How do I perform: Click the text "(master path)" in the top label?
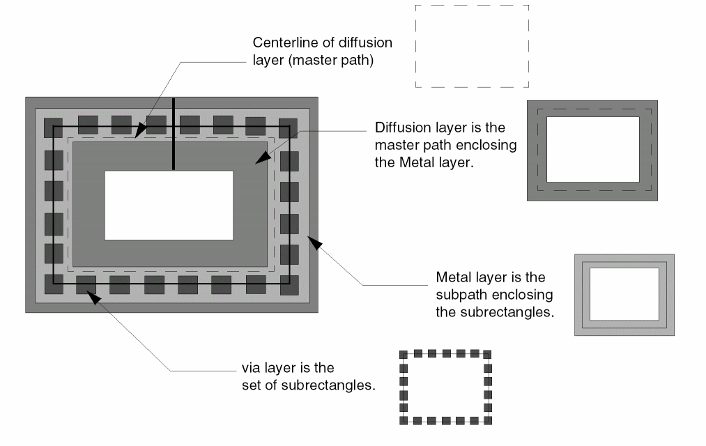click(339, 61)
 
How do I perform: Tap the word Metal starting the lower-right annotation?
click(452, 277)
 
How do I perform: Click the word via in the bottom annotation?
click(250, 367)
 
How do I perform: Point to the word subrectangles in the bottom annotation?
click(332, 385)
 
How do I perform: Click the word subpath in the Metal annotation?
click(461, 295)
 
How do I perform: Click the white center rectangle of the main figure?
click(169, 205)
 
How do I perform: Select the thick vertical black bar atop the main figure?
click(174, 134)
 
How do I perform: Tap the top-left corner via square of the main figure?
click(53, 128)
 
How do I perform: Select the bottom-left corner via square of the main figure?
click(53, 284)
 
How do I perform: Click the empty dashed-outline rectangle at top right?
click(472, 46)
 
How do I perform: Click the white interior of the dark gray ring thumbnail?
click(592, 149)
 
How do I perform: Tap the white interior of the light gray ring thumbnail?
click(624, 293)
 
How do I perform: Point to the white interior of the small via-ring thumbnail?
click(445, 387)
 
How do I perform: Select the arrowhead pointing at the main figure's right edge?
click(314, 243)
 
